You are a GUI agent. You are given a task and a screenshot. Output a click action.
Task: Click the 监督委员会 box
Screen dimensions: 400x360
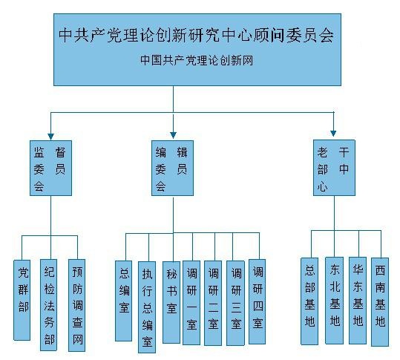pos(50,168)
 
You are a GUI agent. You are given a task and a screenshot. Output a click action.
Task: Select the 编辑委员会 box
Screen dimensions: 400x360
pos(172,168)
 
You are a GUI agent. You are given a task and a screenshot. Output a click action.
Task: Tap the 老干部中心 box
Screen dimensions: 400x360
pos(334,167)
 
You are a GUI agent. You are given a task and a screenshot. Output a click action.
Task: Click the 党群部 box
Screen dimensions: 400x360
pos(22,300)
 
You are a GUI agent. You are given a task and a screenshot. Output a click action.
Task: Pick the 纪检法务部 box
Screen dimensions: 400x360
pos(49,305)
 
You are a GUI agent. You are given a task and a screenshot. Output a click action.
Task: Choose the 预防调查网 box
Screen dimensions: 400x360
pos(76,305)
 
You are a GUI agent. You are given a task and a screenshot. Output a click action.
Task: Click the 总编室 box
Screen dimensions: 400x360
pos(123,301)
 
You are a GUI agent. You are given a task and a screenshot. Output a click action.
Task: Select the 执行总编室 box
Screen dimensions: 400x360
pos(147,307)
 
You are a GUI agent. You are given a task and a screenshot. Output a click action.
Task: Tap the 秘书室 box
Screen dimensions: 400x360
pos(171,302)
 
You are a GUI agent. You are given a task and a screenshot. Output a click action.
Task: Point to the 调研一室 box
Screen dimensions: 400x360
pos(191,303)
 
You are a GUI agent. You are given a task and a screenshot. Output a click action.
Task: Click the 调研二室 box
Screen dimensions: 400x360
pos(213,303)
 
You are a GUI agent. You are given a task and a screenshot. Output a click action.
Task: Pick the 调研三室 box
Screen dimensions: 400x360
pos(235,303)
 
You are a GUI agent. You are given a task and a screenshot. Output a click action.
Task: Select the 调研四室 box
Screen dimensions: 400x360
pos(257,301)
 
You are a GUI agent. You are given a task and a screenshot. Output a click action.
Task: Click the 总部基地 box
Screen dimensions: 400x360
pos(309,301)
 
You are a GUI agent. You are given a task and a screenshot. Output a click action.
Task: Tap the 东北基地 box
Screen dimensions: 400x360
pos(334,301)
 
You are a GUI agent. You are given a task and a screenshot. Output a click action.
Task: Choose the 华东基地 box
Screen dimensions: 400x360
pos(358,301)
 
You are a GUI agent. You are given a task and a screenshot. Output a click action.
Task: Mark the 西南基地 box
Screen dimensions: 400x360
pos(380,302)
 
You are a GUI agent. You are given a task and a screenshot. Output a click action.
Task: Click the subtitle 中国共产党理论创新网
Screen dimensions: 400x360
pos(197,60)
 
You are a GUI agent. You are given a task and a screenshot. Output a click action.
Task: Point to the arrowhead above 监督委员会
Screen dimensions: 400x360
pos(50,137)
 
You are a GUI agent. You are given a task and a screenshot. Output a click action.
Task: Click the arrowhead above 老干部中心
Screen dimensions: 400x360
pos(333,133)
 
